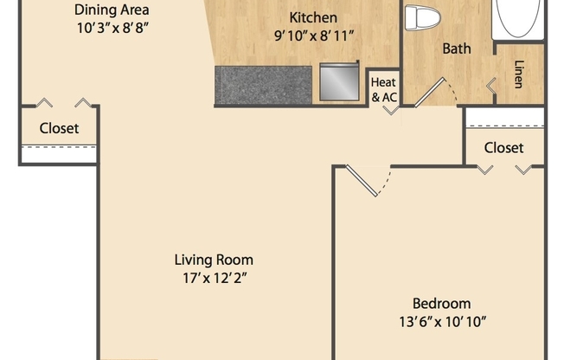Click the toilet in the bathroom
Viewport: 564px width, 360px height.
[x=422, y=16]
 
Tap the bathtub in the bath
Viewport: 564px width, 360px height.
[x=519, y=17]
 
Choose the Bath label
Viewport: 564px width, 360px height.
[x=457, y=48]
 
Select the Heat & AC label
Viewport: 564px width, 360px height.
[x=383, y=90]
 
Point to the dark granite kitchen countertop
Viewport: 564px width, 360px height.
[x=263, y=86]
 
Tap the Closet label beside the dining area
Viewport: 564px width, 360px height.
[x=59, y=128]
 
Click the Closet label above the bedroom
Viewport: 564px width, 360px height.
[x=503, y=147]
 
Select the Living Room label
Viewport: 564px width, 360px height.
[x=214, y=260]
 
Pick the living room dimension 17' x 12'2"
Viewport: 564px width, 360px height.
[x=214, y=278]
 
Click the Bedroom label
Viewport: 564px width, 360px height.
[x=441, y=303]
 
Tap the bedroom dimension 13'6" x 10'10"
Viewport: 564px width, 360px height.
[x=441, y=322]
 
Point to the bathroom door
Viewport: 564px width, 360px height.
[x=431, y=91]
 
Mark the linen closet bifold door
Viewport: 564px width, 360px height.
[x=490, y=85]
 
